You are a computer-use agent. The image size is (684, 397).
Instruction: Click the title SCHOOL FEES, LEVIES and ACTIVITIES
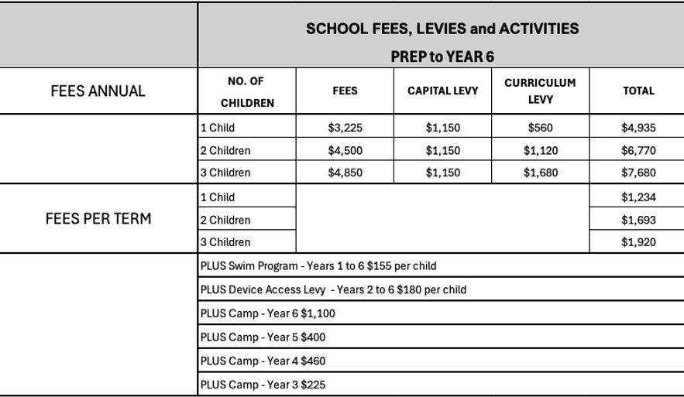pyautogui.click(x=442, y=29)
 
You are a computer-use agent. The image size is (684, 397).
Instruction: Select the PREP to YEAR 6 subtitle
pyautogui.click(x=442, y=56)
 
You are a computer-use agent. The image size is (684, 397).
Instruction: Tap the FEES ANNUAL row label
pyautogui.click(x=98, y=91)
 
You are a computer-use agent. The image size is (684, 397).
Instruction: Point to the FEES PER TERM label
pyautogui.click(x=98, y=219)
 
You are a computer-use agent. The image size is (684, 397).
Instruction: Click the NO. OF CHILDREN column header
pyautogui.click(x=247, y=91)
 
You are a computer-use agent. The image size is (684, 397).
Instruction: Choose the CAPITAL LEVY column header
pyautogui.click(x=442, y=91)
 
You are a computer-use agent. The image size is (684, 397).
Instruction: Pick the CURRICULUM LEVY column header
pyautogui.click(x=540, y=91)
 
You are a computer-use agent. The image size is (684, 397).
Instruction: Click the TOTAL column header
pyautogui.click(x=638, y=91)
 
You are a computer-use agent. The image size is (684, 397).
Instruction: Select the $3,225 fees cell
pyautogui.click(x=345, y=128)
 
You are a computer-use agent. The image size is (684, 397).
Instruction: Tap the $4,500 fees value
pyautogui.click(x=345, y=151)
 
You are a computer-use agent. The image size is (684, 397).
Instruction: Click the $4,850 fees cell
pyautogui.click(x=345, y=173)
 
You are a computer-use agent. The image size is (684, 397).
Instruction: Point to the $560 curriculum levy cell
pyautogui.click(x=540, y=128)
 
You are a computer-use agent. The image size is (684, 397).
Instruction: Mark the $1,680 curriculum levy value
pyautogui.click(x=540, y=173)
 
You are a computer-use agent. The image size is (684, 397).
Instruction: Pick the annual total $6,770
pyautogui.click(x=638, y=151)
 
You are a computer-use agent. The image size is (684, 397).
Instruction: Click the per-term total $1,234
pyautogui.click(x=638, y=197)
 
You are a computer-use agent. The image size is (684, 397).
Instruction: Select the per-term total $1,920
pyautogui.click(x=638, y=242)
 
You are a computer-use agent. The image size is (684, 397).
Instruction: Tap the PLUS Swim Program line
pyautogui.click(x=318, y=266)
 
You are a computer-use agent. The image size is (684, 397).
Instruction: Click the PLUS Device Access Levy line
pyautogui.click(x=333, y=290)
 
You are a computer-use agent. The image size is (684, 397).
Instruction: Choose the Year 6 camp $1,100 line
pyautogui.click(x=267, y=313)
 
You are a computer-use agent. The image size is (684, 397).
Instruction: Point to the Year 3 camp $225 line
pyautogui.click(x=263, y=385)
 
